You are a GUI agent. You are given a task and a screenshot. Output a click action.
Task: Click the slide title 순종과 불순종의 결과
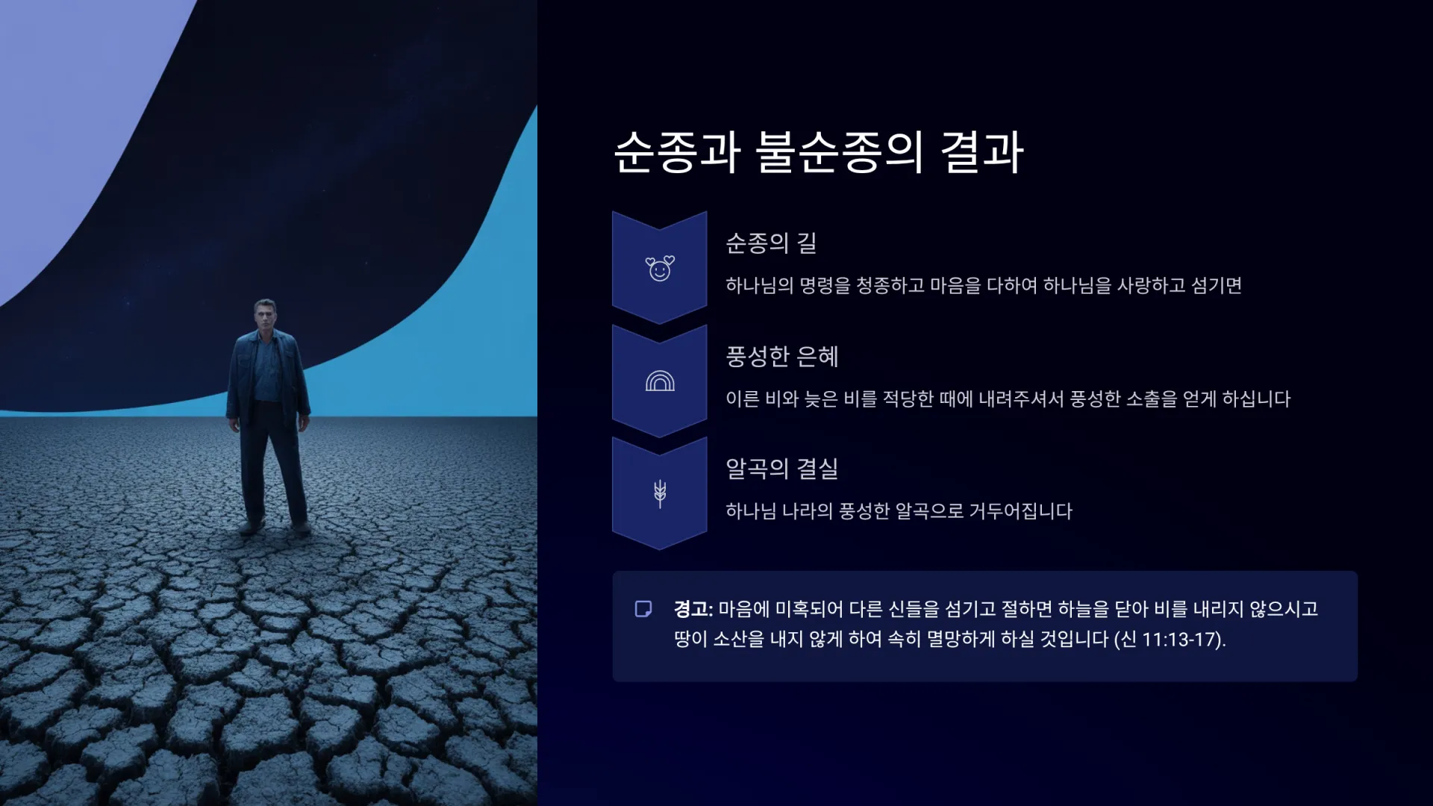[x=818, y=152]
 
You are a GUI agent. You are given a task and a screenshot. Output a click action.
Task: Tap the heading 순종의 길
[x=771, y=243]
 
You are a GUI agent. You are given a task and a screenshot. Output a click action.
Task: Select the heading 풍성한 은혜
[x=782, y=356]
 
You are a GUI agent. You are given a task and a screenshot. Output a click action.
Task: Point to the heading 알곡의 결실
[x=782, y=469]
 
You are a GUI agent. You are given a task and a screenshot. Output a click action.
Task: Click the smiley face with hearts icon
[x=660, y=268]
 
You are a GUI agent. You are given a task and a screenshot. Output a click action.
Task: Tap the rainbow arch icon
[x=660, y=381]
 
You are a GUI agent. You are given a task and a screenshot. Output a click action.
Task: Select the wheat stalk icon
[x=660, y=493]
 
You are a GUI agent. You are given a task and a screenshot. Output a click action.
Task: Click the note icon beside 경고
[x=643, y=609]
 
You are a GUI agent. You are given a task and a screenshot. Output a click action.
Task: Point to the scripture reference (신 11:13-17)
[x=1170, y=640]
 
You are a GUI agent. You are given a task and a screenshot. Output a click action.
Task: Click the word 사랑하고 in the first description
[x=1151, y=286]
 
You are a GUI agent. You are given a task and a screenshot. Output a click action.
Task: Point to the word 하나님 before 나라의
[x=752, y=512]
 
